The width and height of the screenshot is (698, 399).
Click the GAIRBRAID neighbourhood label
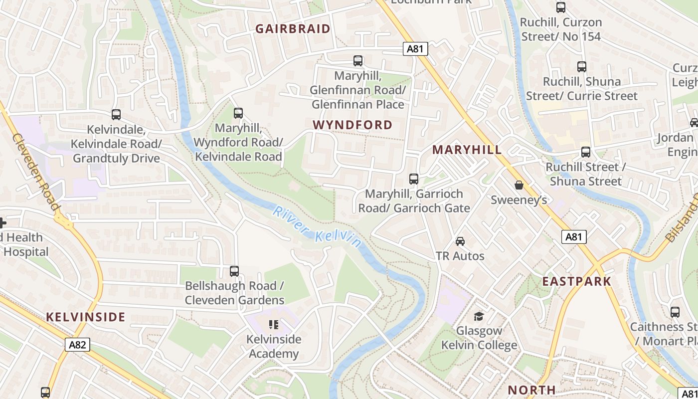(293, 29)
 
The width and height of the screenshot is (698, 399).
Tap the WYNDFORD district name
(352, 125)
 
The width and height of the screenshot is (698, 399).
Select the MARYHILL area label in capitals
(467, 150)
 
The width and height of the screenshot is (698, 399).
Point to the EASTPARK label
(576, 281)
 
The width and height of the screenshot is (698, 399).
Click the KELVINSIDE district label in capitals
(86, 317)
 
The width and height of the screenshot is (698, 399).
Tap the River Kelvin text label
(317, 227)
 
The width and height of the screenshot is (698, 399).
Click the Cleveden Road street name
(35, 172)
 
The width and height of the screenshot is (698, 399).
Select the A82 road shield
(77, 345)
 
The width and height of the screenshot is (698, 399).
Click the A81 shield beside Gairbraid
(415, 48)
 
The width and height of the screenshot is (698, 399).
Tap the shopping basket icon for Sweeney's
(519, 185)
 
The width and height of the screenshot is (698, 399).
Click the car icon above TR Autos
(460, 241)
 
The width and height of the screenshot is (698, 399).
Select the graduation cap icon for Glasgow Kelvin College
(479, 316)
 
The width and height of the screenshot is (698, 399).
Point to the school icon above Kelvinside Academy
(274, 325)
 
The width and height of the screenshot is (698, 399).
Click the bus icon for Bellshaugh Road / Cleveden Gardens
(234, 271)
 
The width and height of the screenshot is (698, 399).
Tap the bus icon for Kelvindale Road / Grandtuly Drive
(116, 115)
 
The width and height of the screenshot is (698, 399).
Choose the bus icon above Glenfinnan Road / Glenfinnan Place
(357, 61)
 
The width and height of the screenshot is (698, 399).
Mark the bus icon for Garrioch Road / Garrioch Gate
(413, 179)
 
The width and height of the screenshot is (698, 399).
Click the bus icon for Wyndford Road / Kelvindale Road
(238, 113)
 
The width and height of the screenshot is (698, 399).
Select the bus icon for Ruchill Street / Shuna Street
(585, 152)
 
